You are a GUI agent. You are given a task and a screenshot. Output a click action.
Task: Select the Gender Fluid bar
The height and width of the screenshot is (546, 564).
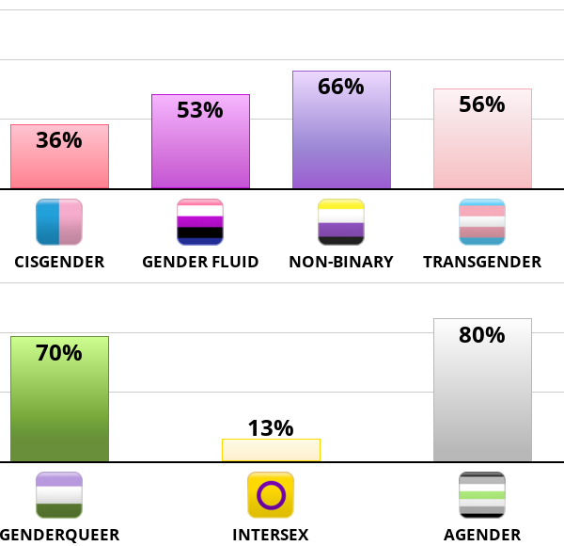[x=200, y=151]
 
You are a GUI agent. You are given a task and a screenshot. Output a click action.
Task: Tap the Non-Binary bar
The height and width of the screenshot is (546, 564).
[x=341, y=141]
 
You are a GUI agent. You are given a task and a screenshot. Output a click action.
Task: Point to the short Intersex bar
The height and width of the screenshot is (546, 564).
[x=271, y=450]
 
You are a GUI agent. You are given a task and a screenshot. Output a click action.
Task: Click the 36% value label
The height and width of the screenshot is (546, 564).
[x=59, y=140]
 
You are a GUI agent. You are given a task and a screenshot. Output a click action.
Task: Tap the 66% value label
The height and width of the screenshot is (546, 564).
[x=341, y=87]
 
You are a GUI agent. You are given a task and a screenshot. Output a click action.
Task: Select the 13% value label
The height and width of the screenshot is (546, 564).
[x=271, y=428]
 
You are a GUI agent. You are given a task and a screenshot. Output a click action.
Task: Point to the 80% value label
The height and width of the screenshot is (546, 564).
[x=482, y=335]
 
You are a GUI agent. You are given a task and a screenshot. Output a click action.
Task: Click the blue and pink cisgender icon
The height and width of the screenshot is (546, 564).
[x=59, y=222]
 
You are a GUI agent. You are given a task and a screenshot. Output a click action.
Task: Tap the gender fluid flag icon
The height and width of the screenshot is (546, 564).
[x=200, y=222]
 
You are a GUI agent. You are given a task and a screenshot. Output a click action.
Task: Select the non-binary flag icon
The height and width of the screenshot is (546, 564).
[x=341, y=222]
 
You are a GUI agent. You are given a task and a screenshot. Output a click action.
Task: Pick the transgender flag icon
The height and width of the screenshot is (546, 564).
[x=482, y=222]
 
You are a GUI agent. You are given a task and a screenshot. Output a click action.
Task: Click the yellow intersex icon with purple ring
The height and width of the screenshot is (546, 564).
[x=271, y=495]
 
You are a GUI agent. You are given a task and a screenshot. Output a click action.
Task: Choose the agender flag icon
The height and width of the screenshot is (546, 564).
[x=482, y=495]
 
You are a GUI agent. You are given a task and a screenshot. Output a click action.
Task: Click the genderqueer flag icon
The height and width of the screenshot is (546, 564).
[x=59, y=495]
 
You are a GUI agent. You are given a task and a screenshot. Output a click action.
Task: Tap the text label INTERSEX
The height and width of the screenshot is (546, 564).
[x=271, y=536]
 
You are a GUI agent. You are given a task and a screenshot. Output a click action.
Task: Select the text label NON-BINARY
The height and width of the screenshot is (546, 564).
[x=341, y=262]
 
